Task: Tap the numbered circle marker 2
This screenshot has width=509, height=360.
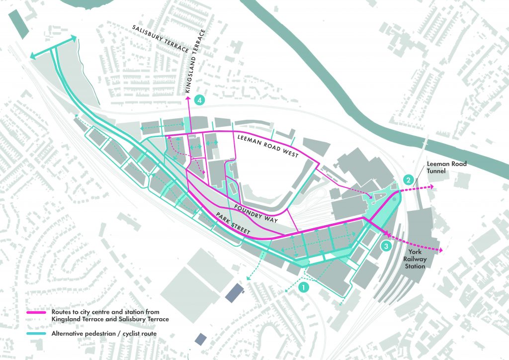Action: (408, 180)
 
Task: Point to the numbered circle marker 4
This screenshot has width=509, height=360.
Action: (200, 100)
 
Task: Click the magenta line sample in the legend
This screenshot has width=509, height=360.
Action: (38, 315)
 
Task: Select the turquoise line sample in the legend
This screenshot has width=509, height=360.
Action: (38, 333)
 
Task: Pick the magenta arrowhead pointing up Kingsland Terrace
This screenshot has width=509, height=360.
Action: (188, 99)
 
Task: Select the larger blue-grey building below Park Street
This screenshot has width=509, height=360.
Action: (235, 293)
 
